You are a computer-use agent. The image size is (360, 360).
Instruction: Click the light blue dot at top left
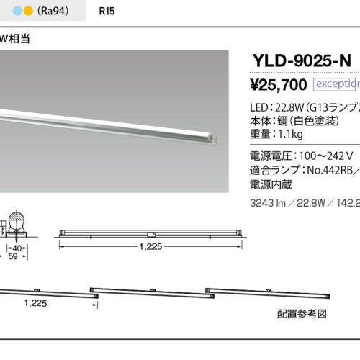click(x=8, y=12)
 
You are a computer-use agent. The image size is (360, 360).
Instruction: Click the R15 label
click(x=105, y=12)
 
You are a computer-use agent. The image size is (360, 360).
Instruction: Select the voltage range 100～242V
click(x=320, y=154)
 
